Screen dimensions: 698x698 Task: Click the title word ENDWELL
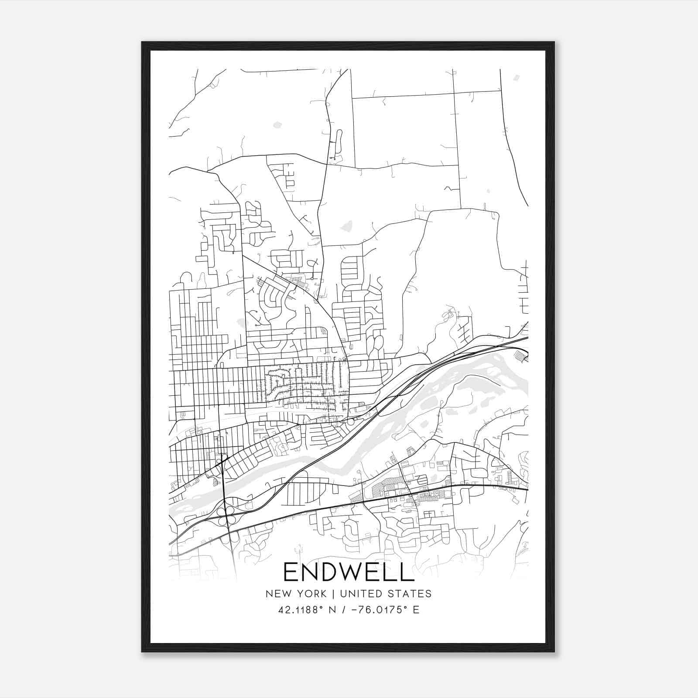[349, 572]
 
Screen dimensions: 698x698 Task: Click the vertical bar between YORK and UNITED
[333, 594]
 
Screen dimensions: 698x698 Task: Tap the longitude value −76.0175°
[374, 610]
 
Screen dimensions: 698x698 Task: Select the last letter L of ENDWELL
[407, 572]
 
